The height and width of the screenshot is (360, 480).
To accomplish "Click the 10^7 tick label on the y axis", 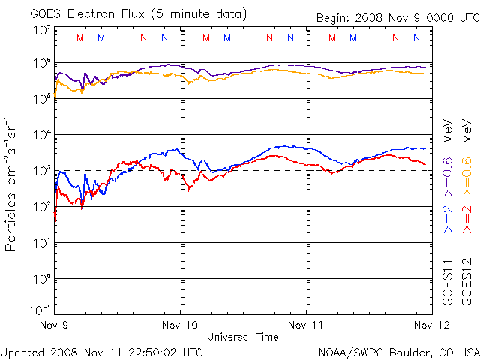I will [x=40, y=31].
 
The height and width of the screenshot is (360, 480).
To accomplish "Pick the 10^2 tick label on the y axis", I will [x=40, y=207].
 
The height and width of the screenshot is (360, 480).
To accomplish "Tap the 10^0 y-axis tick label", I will [x=40, y=279].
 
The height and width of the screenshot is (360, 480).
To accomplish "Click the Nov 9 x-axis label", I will [x=55, y=325].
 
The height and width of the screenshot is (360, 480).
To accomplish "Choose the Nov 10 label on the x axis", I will [x=181, y=325].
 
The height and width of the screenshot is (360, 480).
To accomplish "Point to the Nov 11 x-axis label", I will [x=307, y=325].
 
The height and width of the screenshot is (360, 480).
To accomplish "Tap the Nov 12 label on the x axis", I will [x=430, y=325].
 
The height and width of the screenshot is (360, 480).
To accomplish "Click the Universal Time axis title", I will [x=243, y=337].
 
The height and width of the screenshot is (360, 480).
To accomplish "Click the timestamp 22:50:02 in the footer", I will [x=147, y=352].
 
